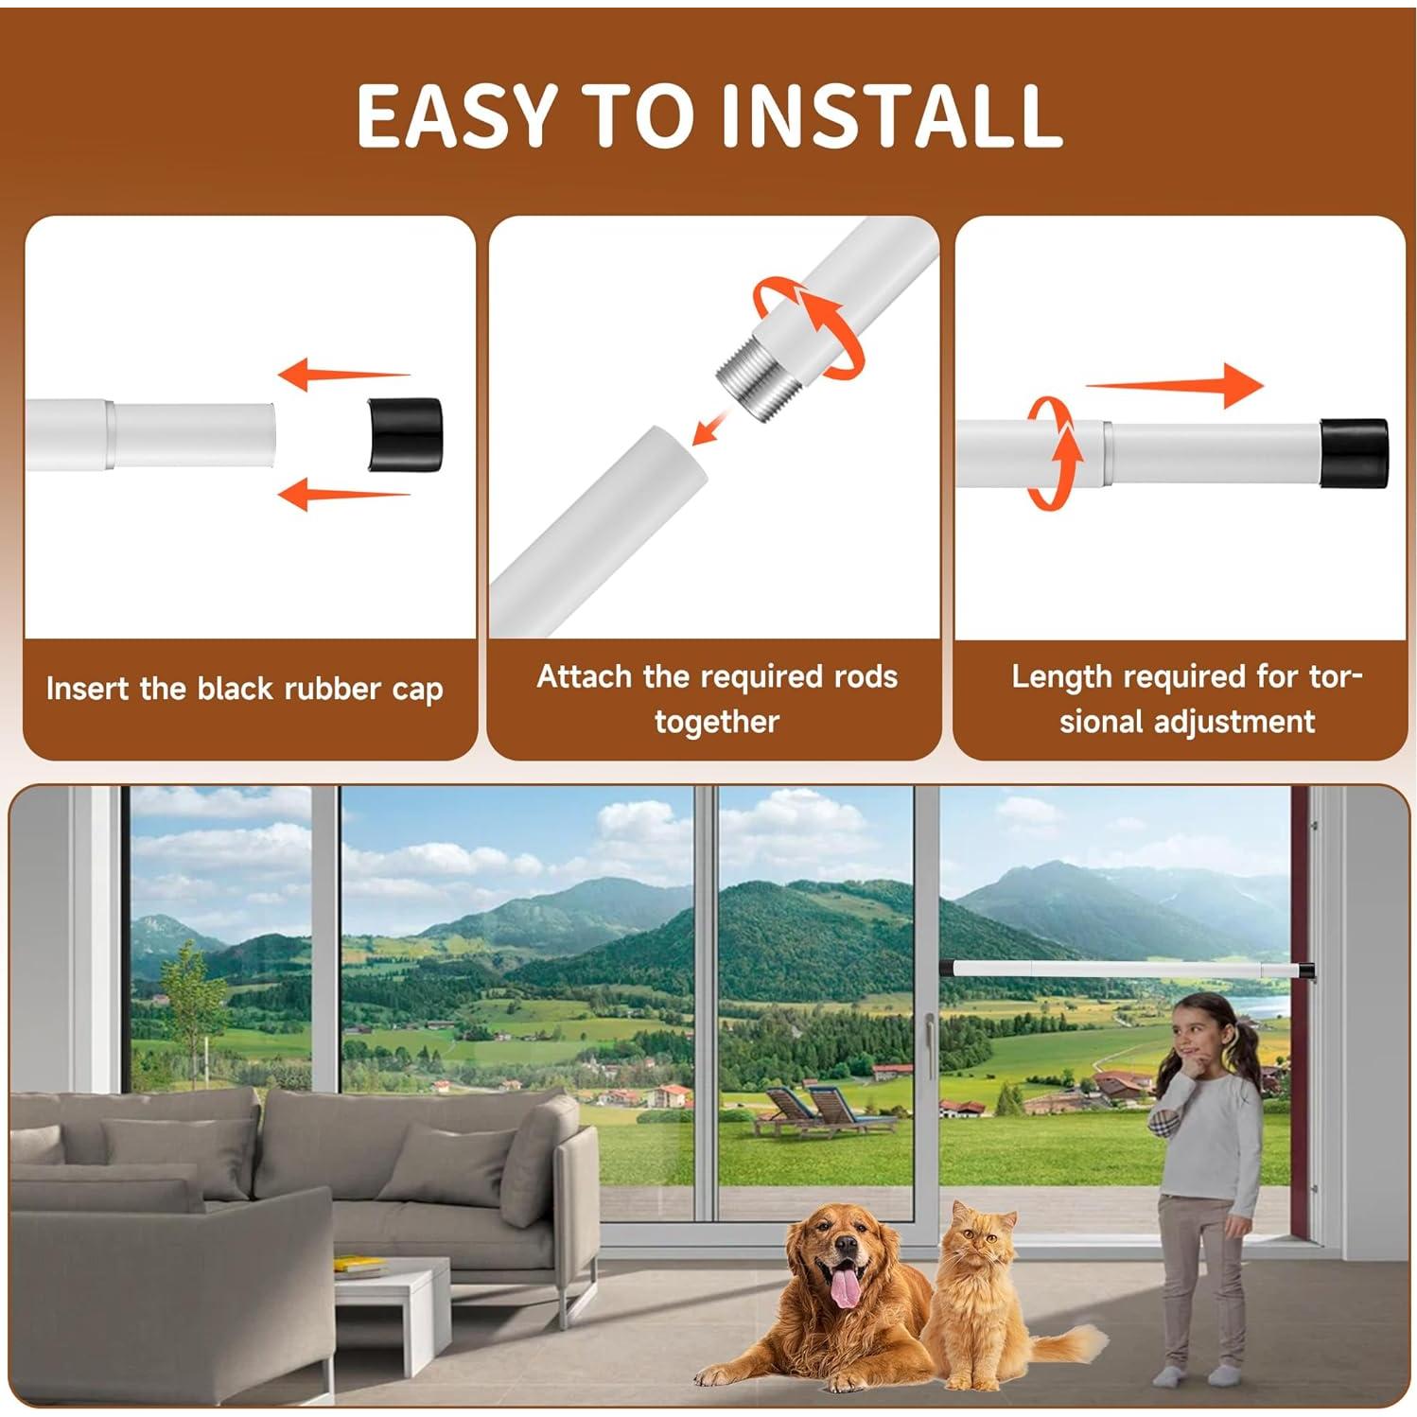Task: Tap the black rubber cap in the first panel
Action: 405,434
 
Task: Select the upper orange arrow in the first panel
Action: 342,375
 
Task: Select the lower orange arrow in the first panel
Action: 342,493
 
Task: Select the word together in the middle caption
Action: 716,722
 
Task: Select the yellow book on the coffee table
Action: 360,1264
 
